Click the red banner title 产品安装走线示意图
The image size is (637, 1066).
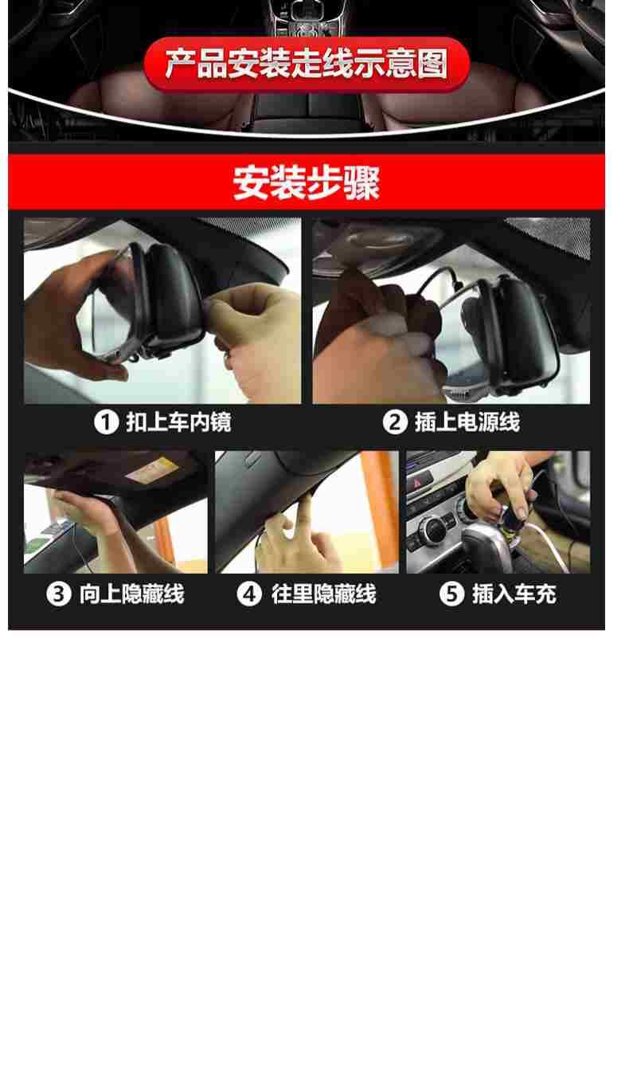click(307, 64)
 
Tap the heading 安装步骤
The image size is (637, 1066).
click(307, 182)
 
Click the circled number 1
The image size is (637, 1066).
click(106, 422)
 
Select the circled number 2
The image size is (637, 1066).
click(395, 422)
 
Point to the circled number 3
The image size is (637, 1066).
click(58, 594)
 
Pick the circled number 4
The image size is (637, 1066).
click(249, 594)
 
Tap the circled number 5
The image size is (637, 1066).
click(451, 594)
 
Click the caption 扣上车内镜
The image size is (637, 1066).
click(178, 422)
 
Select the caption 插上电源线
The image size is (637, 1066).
click(467, 422)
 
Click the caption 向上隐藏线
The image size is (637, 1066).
click(131, 594)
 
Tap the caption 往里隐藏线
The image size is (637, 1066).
click(323, 594)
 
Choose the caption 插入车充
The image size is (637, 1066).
click(514, 594)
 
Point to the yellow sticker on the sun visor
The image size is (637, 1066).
click(151, 469)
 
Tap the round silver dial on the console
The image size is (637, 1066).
click(434, 529)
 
